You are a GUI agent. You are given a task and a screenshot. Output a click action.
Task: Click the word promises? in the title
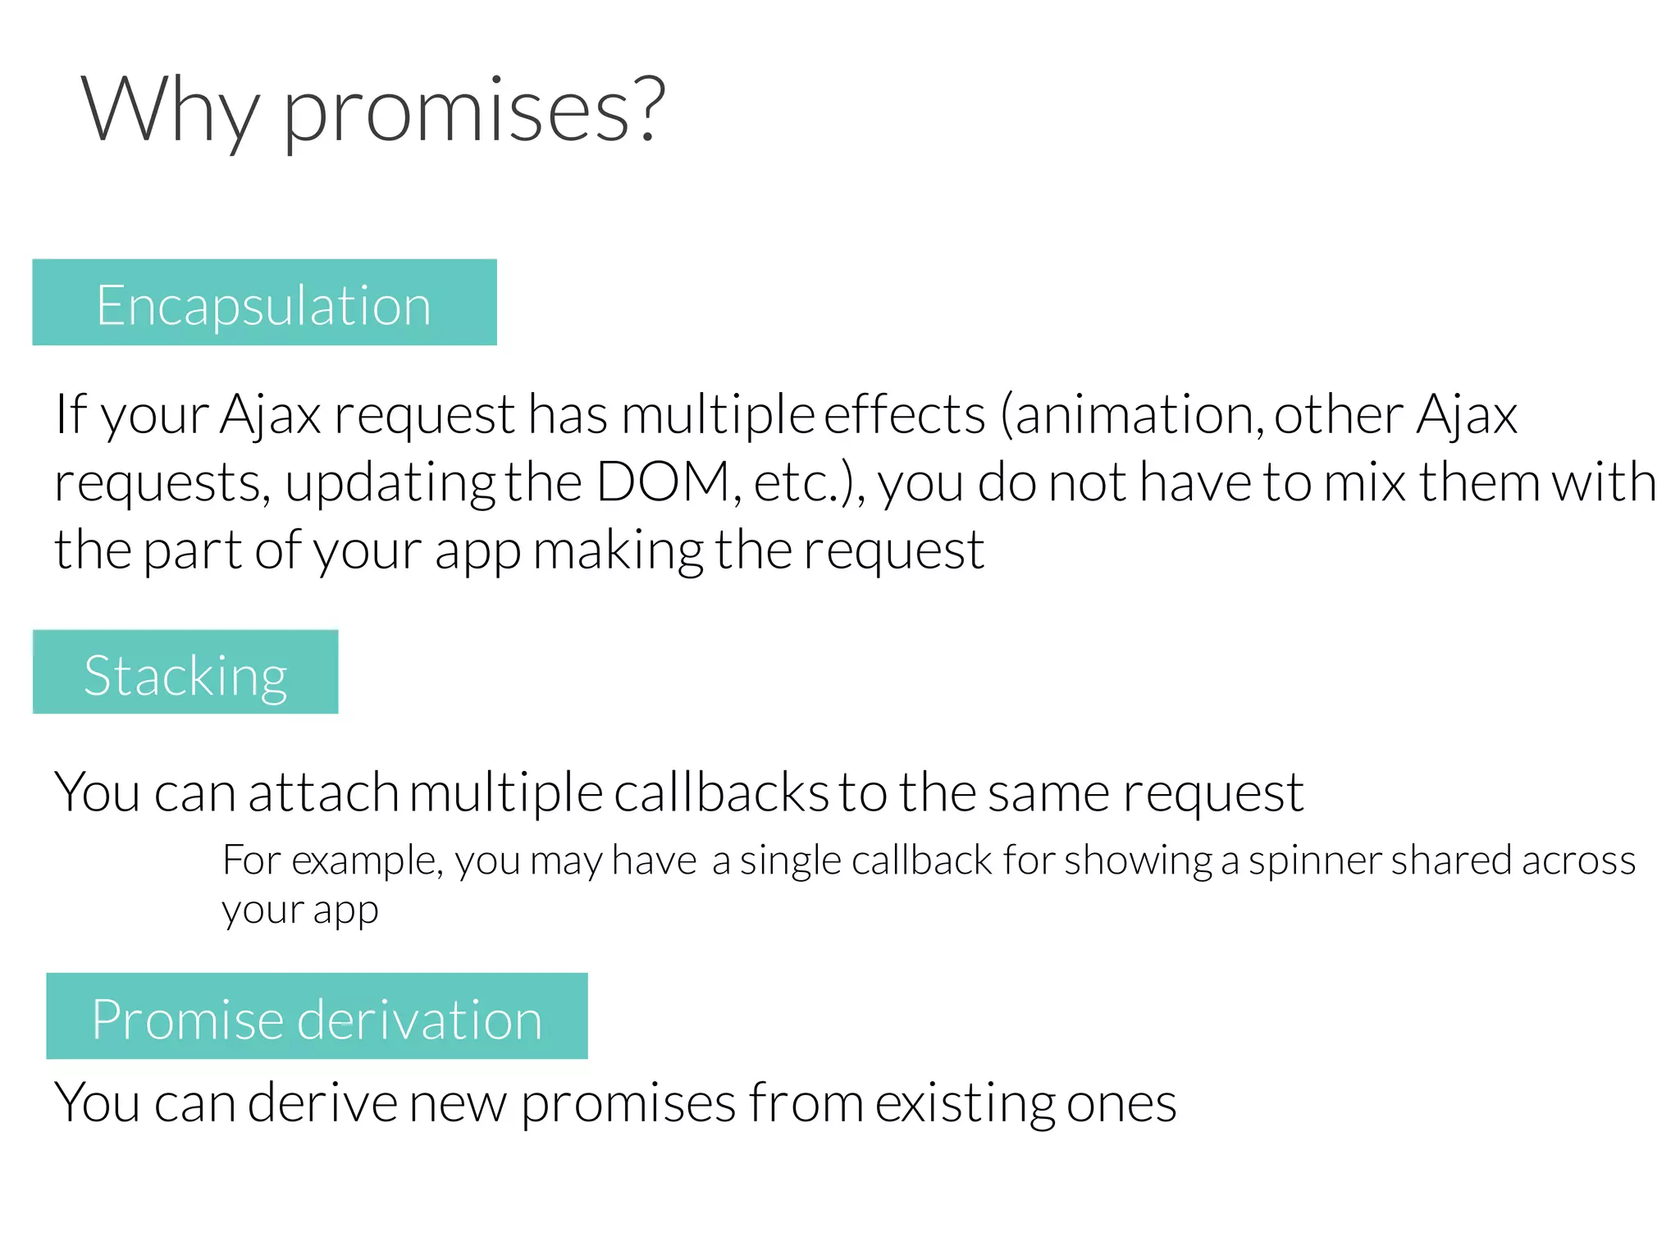[x=473, y=111]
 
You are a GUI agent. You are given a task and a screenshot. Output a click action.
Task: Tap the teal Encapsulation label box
[x=264, y=303]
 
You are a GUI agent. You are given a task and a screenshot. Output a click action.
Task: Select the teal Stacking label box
[x=185, y=672]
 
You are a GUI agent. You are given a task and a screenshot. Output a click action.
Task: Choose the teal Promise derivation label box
[x=317, y=1016]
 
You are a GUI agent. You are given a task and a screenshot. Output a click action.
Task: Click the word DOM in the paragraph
[x=663, y=482]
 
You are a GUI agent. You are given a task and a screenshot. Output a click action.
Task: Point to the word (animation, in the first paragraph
[x=1132, y=414]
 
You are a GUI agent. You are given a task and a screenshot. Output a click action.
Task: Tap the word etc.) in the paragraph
[x=809, y=482]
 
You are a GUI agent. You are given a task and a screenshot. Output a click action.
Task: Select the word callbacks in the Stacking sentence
[x=721, y=793]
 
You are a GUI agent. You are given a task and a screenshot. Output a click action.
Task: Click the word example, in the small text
[x=367, y=861]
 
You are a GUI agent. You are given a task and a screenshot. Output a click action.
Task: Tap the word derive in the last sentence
[x=322, y=1103]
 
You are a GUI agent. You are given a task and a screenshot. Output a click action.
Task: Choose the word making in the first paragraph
[x=618, y=550]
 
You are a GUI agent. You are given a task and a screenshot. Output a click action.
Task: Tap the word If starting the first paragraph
[x=70, y=414]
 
